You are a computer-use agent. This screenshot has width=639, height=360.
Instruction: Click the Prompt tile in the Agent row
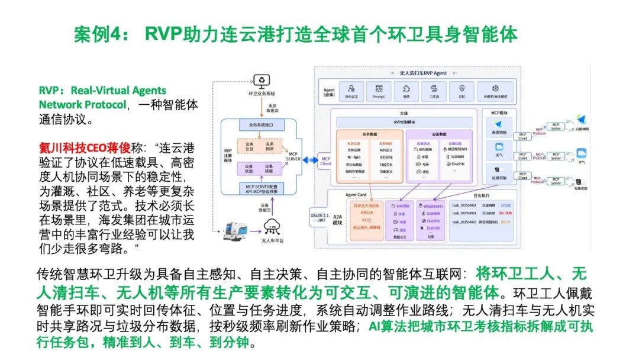(x=379, y=91)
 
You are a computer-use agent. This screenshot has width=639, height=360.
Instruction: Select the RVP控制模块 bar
(x=405, y=122)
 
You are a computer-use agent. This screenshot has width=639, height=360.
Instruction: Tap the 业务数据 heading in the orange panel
(x=370, y=134)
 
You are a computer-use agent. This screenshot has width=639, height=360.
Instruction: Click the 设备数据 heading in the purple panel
(x=439, y=134)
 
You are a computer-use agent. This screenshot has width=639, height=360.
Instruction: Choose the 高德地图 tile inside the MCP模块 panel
(x=499, y=126)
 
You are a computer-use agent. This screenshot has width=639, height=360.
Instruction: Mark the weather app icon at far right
(x=582, y=153)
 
